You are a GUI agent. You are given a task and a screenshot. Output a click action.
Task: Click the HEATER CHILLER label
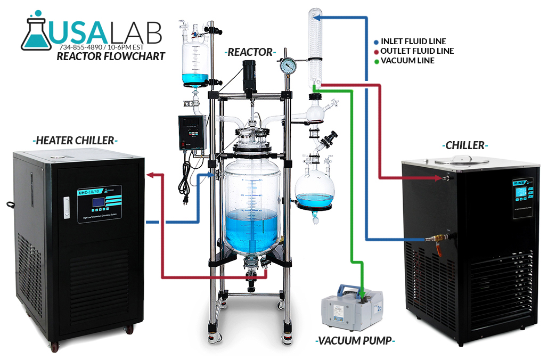coord(74,141)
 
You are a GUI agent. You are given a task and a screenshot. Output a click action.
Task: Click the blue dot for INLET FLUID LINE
coord(376,42)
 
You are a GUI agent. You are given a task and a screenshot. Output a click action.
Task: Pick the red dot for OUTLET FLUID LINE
coord(376,51)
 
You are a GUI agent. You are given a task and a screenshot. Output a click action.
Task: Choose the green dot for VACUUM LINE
coord(376,61)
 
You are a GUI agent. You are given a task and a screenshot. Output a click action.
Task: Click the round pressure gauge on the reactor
coord(289,68)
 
